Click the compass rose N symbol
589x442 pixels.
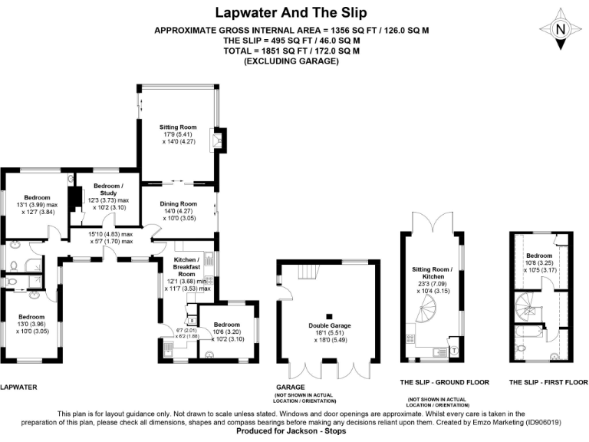pyautogui.click(x=560, y=29)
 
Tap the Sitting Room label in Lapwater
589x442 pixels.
pyautogui.click(x=178, y=127)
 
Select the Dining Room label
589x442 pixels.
pyautogui.click(x=179, y=203)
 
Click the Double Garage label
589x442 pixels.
pyautogui.click(x=330, y=325)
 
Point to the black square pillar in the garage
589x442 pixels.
pyautogui.click(x=330, y=316)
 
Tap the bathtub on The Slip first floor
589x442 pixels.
pyautogui.click(x=529, y=331)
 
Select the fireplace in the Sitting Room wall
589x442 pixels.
pyautogui.click(x=219, y=140)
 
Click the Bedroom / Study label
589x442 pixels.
pyautogui.click(x=109, y=189)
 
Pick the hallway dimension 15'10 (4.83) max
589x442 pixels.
pyautogui.click(x=110, y=234)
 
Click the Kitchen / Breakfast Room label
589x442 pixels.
pyautogui.click(x=186, y=267)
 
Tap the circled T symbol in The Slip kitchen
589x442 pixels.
pyautogui.click(x=454, y=351)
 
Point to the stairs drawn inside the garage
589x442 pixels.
pyautogui.click(x=309, y=272)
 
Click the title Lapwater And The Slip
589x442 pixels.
pyautogui.click(x=291, y=12)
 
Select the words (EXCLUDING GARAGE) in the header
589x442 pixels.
pyautogui.click(x=291, y=61)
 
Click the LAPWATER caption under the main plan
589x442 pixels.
pyautogui.click(x=18, y=387)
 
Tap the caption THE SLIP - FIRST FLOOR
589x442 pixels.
pyautogui.click(x=548, y=382)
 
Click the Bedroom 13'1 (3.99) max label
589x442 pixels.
pyautogui.click(x=37, y=204)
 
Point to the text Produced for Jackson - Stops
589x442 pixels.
pyautogui.click(x=291, y=430)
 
